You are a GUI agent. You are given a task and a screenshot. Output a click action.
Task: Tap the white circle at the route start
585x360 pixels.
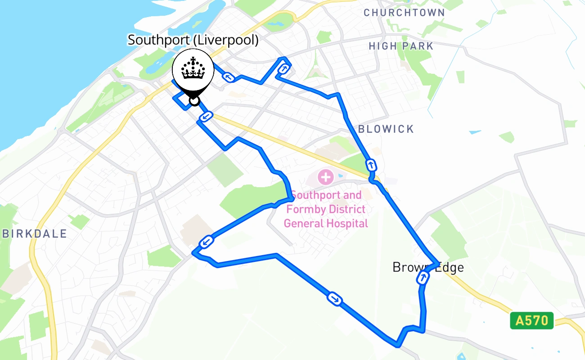[x=194, y=100]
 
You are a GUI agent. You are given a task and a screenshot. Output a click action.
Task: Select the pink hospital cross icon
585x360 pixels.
[x=325, y=176]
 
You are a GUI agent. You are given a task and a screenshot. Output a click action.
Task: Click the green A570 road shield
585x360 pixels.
[x=531, y=321]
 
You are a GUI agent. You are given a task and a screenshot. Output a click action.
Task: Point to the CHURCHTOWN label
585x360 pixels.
[x=404, y=13]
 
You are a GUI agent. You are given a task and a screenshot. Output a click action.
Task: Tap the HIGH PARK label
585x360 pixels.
[x=401, y=46]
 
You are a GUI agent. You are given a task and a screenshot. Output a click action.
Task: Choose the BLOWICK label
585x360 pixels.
[x=386, y=129]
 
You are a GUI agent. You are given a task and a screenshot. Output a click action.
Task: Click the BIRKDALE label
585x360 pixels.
[x=35, y=234]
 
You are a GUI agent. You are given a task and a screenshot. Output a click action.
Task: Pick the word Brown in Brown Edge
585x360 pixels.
[x=409, y=267]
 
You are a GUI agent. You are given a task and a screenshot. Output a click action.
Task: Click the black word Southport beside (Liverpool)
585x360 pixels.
[x=158, y=40]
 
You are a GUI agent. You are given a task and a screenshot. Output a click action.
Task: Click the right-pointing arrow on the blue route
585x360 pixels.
[x=335, y=298]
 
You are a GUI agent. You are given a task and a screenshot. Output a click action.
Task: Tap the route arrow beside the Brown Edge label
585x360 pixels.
[x=423, y=278]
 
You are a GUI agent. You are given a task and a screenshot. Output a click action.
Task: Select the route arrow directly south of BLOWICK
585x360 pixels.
[x=371, y=164]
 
